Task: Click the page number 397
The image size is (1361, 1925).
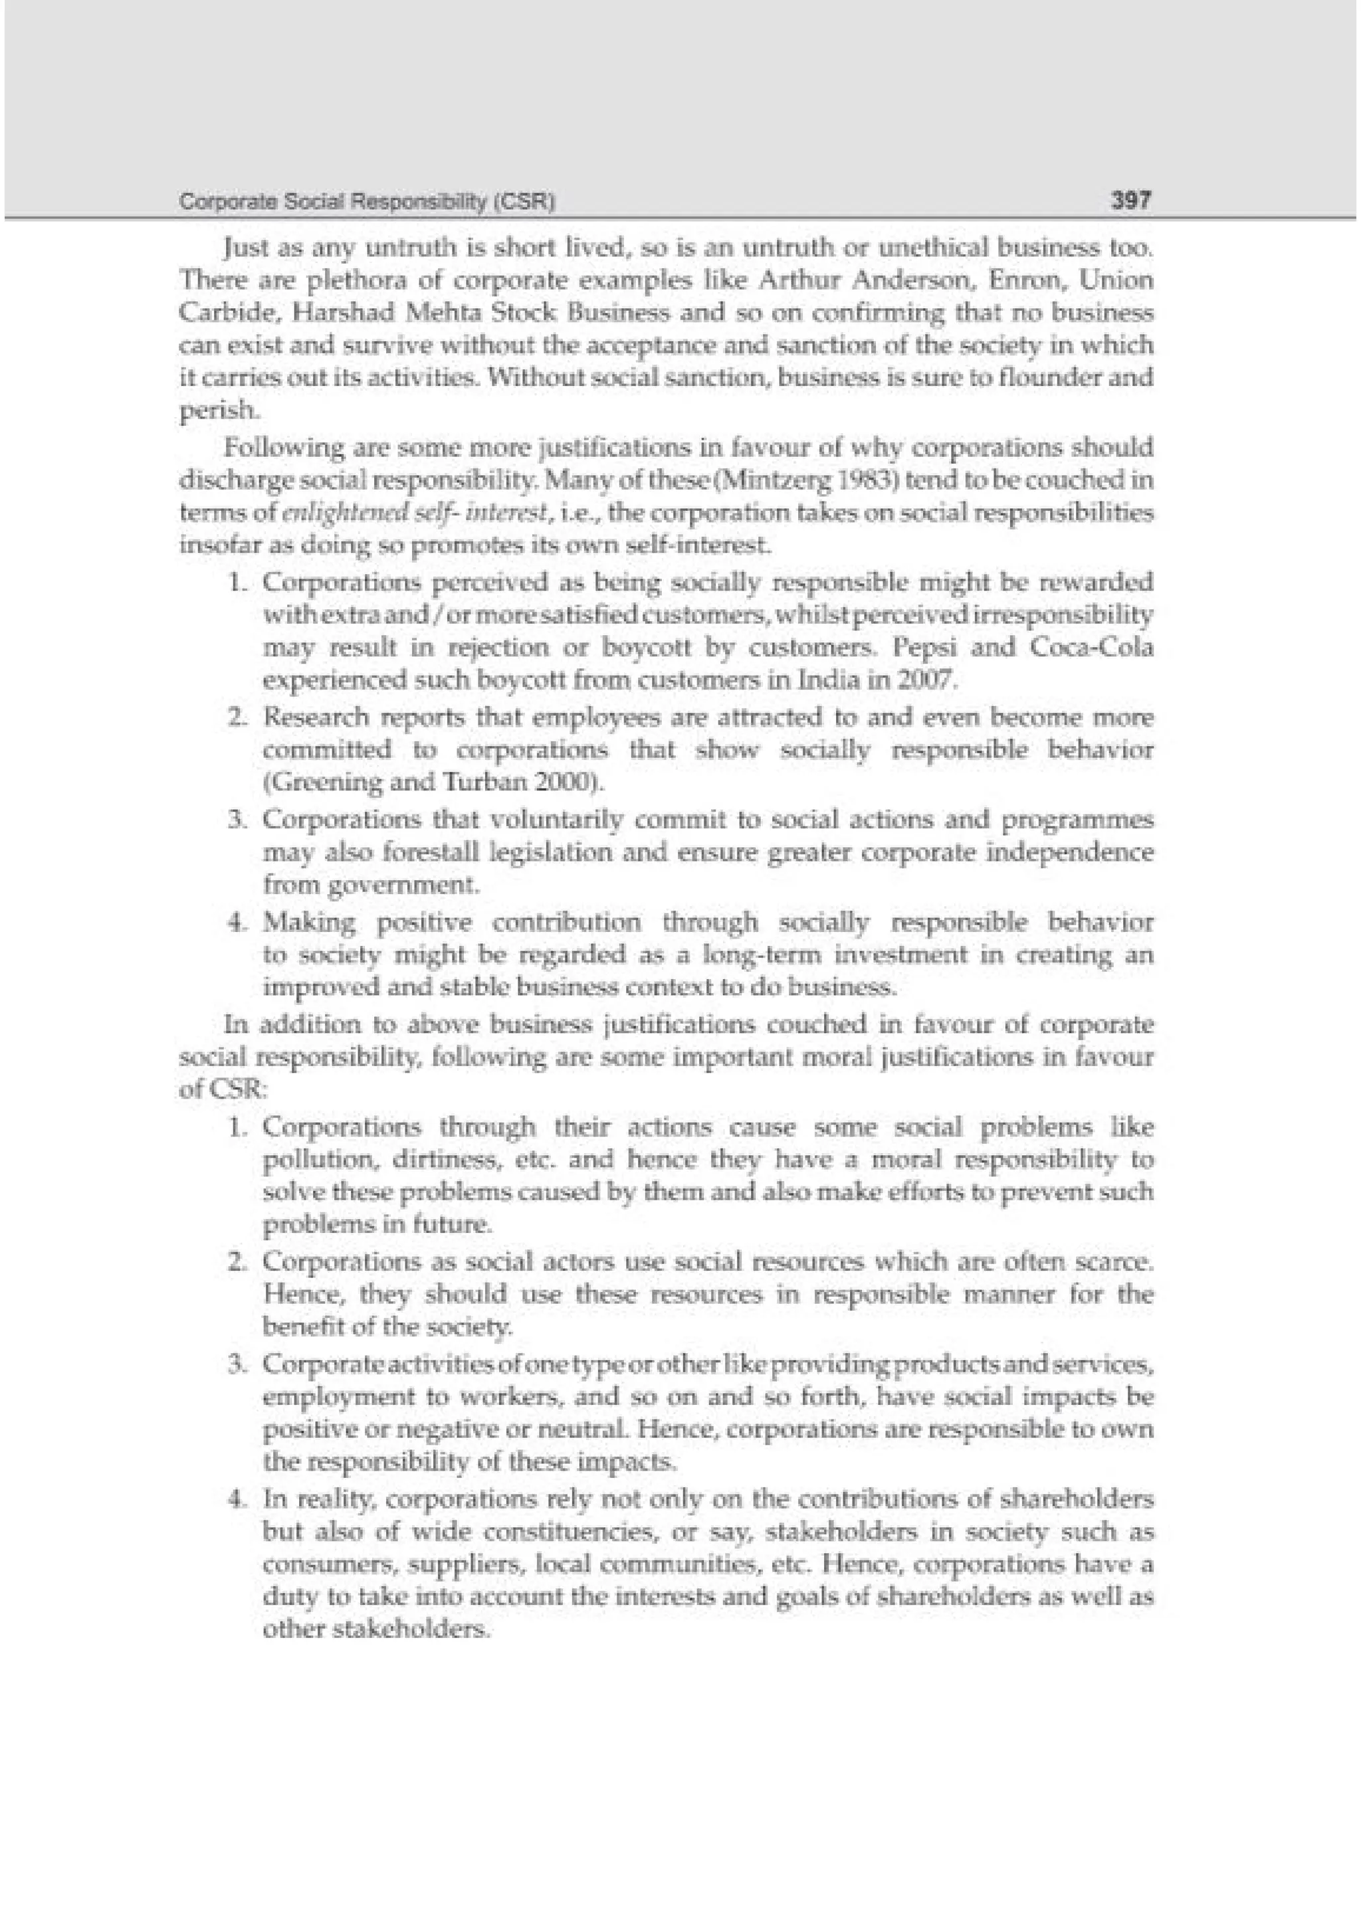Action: [1131, 201]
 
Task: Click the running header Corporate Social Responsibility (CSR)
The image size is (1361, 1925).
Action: [367, 202]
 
